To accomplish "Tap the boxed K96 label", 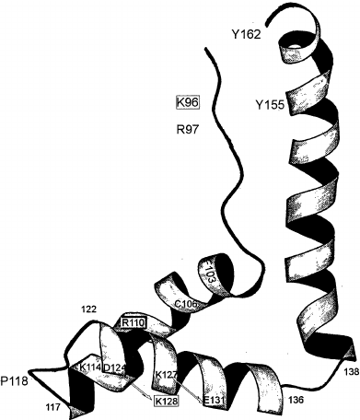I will pyautogui.click(x=187, y=99).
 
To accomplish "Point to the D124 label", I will pyautogui.click(x=114, y=368).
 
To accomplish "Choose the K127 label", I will pyautogui.click(x=167, y=375).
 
